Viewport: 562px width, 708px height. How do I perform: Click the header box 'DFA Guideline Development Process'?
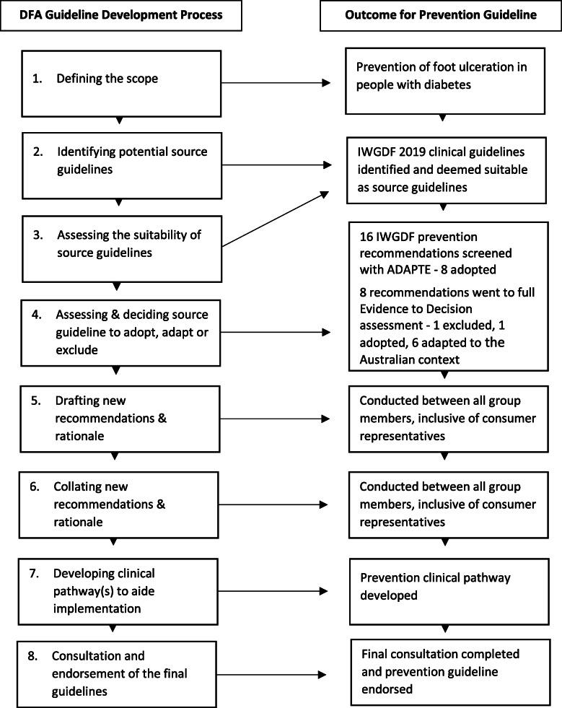point(120,15)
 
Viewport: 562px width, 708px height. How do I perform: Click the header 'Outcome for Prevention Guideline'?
point(439,15)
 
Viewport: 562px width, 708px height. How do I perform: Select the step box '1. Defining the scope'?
point(120,79)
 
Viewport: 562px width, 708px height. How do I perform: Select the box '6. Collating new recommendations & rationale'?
point(120,500)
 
